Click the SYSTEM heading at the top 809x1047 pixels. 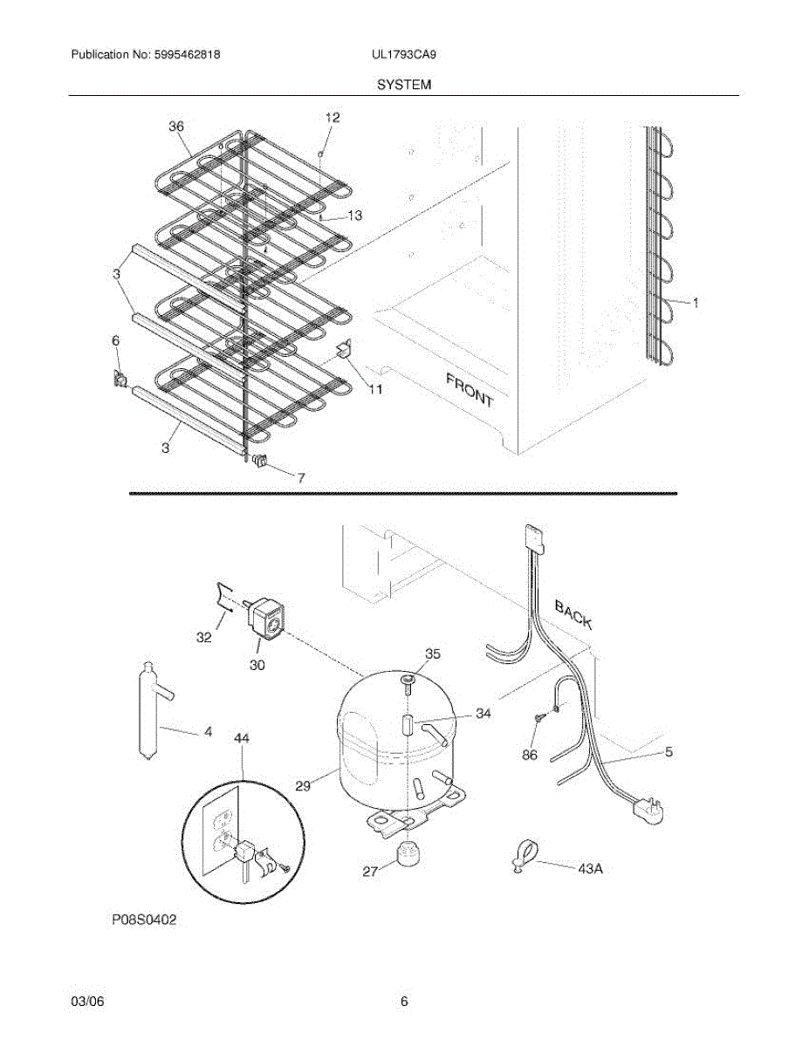tap(404, 85)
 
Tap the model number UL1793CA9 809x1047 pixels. tap(403, 54)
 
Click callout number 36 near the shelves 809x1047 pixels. tap(176, 127)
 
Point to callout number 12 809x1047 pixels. tap(333, 118)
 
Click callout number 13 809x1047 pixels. tap(354, 216)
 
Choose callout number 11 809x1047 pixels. tap(374, 389)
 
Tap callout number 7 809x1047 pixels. tap(301, 477)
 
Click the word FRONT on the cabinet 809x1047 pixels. tap(470, 390)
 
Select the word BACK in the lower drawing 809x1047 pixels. tap(573, 615)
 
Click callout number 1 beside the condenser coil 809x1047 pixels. tap(696, 303)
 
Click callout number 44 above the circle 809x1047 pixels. tap(242, 738)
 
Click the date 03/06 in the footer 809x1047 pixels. tap(83, 1002)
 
